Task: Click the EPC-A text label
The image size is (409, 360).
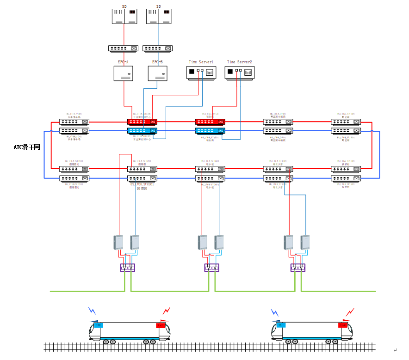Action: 124,62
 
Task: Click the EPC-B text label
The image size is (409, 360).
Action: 158,62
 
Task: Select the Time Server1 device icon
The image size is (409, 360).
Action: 201,73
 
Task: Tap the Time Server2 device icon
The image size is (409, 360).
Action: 240,73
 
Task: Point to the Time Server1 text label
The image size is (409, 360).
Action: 201,62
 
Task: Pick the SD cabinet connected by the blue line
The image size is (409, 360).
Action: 159,16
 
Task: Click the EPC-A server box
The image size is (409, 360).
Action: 124,73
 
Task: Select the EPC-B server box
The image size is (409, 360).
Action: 158,73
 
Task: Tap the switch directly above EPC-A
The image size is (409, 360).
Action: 123,48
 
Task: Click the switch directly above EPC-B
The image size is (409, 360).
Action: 158,48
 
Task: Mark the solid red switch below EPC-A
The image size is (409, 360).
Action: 142,122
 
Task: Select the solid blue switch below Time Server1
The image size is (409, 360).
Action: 210,131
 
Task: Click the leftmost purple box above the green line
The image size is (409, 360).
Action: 128,268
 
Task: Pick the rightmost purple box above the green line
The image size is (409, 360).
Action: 298,268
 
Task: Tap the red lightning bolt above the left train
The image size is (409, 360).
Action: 167,311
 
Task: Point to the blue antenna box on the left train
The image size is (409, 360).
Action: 98,325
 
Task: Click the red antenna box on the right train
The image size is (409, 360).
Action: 343,325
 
